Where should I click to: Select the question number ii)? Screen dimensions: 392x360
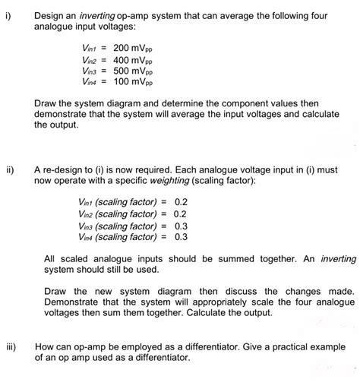coord(10,171)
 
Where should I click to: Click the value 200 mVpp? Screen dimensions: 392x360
coord(133,47)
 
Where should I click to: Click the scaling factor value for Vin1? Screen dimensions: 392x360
coord(181,203)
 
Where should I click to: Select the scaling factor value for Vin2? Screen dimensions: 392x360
coord(181,214)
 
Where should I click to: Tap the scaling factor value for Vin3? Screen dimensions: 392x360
coord(181,226)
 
